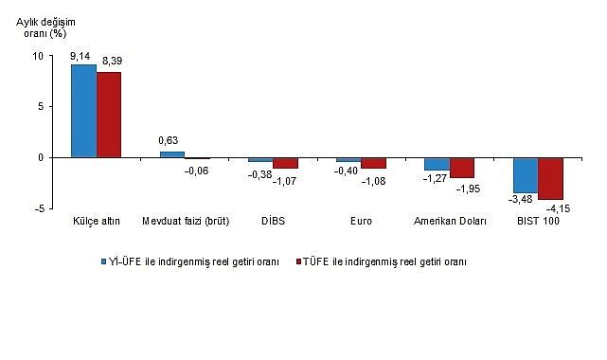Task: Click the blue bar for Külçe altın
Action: (x=83, y=111)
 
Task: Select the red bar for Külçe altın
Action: (x=109, y=115)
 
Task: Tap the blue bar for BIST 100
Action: (x=525, y=175)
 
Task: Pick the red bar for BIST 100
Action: (x=550, y=178)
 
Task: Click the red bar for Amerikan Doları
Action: (x=462, y=168)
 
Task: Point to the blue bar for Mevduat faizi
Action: (x=171, y=154)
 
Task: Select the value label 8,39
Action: (x=111, y=62)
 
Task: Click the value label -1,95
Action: (x=469, y=189)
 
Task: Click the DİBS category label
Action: (x=273, y=222)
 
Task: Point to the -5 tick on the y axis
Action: (x=38, y=208)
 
